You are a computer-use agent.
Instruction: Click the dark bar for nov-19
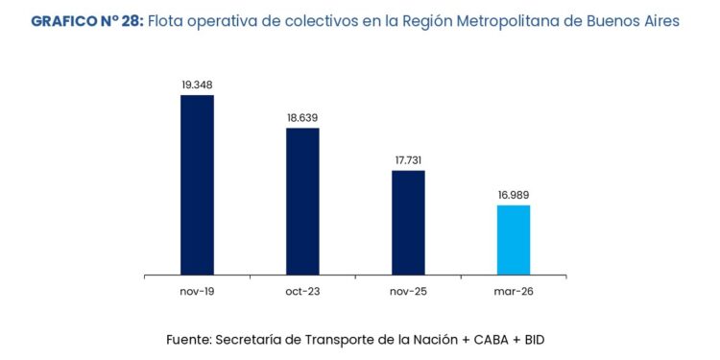click(x=197, y=184)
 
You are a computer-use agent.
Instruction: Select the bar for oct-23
click(x=302, y=202)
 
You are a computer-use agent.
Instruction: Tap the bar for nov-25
click(x=408, y=223)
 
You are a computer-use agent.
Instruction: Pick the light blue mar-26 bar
click(x=514, y=240)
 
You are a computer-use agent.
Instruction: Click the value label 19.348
click(x=197, y=84)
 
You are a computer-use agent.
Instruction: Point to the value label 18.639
click(x=302, y=118)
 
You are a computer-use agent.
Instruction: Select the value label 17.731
click(x=408, y=160)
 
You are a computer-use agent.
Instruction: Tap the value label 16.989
click(x=514, y=195)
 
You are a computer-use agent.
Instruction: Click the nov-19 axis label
click(x=197, y=292)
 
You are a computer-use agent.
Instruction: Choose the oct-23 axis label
click(x=302, y=292)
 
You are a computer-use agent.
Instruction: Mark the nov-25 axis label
click(x=408, y=292)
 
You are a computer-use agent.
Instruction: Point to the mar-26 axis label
click(x=514, y=292)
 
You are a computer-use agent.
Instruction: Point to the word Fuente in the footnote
click(x=189, y=340)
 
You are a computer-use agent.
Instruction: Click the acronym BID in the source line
click(x=534, y=340)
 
